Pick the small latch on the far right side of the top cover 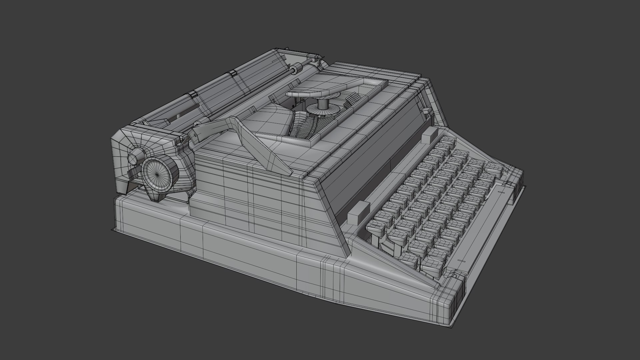tap(426, 110)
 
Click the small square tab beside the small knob tap(133, 172)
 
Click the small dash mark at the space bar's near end tap(462, 261)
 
